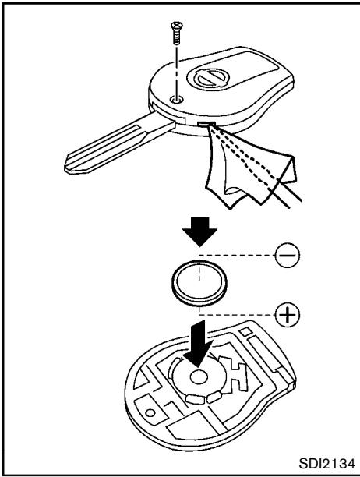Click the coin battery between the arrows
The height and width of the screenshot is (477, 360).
199,284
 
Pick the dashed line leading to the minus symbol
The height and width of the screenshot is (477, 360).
238,255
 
